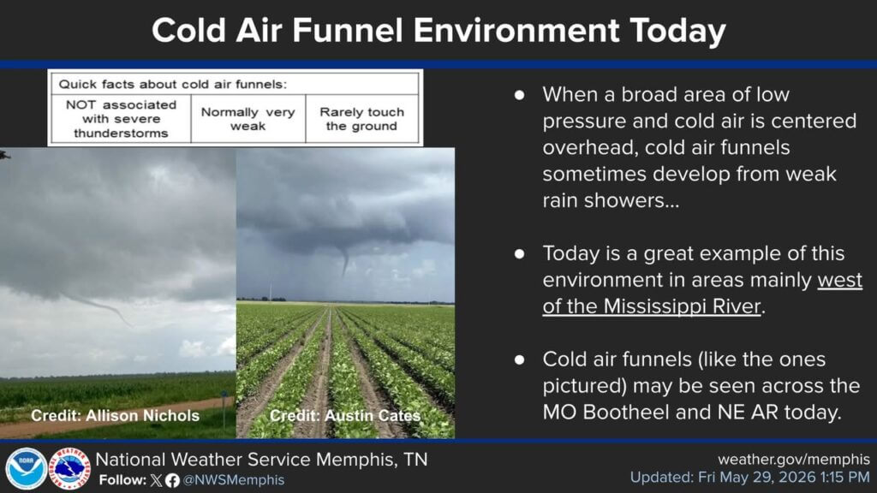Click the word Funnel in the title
click(x=347, y=30)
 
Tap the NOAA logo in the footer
click(x=26, y=468)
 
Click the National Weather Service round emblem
click(x=69, y=468)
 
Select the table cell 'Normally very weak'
click(x=248, y=118)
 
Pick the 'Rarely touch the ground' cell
click(x=362, y=118)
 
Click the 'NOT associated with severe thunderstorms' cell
click(x=121, y=118)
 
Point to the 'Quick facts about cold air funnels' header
click(x=173, y=85)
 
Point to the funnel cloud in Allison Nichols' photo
click(x=105, y=308)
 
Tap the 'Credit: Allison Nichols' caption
click(x=116, y=416)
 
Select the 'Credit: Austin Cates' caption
click(x=345, y=416)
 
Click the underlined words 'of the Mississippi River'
click(x=652, y=306)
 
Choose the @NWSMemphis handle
click(x=234, y=480)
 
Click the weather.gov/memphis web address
click(x=794, y=460)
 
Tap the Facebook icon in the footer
click(x=172, y=481)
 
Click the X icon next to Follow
click(x=157, y=480)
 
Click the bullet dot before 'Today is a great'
click(x=520, y=253)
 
